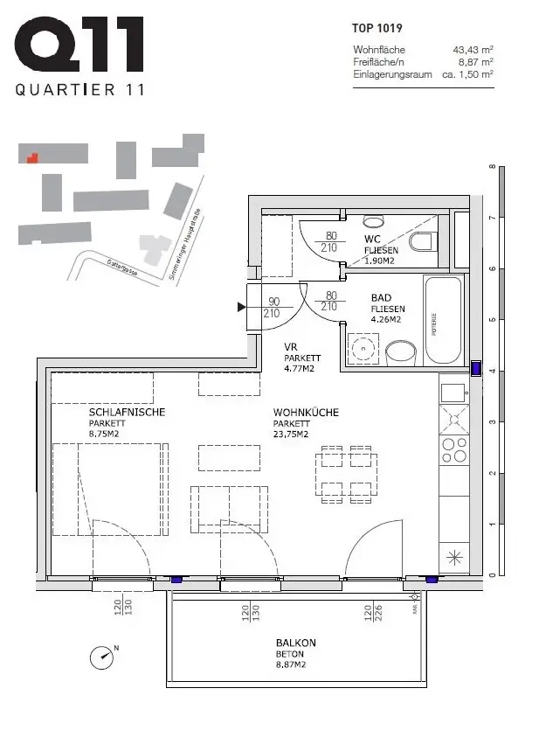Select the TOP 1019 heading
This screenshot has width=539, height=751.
click(x=377, y=29)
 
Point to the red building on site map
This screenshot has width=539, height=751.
click(x=32, y=158)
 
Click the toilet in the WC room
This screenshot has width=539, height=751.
click(x=422, y=241)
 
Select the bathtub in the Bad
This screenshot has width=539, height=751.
click(x=444, y=320)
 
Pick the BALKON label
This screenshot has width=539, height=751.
click(x=294, y=643)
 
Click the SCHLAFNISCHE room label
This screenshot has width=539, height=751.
click(x=127, y=412)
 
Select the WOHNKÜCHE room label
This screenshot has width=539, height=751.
click(x=306, y=412)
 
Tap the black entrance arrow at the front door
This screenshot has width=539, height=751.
click(x=242, y=307)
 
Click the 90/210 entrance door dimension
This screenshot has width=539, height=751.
click(x=273, y=306)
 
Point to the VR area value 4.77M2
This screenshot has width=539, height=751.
click(x=300, y=369)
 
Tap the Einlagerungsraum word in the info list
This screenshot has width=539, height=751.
click(x=392, y=75)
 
